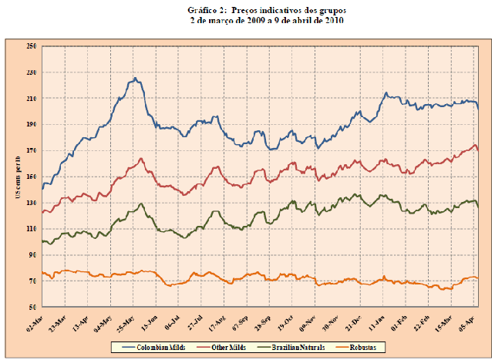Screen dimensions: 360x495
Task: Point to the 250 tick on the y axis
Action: (x=32, y=46)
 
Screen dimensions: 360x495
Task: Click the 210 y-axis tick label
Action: (x=32, y=99)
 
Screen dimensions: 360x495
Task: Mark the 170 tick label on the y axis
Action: (x=32, y=150)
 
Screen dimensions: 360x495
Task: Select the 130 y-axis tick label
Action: (x=32, y=203)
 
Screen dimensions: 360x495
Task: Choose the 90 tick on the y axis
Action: (x=33, y=255)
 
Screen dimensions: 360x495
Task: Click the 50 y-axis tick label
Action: (x=33, y=307)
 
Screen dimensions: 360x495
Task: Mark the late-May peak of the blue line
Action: (x=135, y=78)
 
